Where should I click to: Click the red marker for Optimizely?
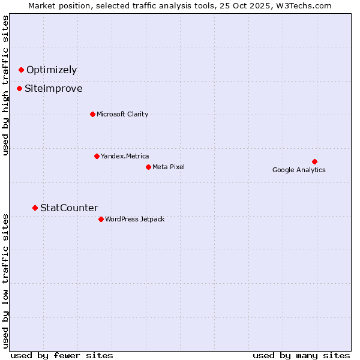pyautogui.click(x=21, y=70)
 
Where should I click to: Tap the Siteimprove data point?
pyautogui.click(x=19, y=89)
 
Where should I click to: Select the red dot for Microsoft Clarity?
pyautogui.click(x=92, y=114)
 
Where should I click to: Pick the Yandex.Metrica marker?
pyautogui.click(x=97, y=156)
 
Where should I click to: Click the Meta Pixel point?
pyautogui.click(x=148, y=167)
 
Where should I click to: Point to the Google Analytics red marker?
pyautogui.click(x=314, y=161)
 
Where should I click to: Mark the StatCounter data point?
pyautogui.click(x=35, y=208)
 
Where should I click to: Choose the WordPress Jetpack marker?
pyautogui.click(x=101, y=219)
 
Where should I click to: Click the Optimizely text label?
pyautogui.click(x=52, y=70)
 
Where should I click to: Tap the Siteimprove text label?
pyautogui.click(x=53, y=89)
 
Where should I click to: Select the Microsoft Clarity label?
pyautogui.click(x=122, y=114)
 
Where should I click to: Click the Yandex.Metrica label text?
pyautogui.click(x=125, y=156)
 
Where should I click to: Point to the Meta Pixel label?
pyautogui.click(x=169, y=167)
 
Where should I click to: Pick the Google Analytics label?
pyautogui.click(x=299, y=170)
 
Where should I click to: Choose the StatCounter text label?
pyautogui.click(x=69, y=208)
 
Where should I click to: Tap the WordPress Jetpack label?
pyautogui.click(x=134, y=219)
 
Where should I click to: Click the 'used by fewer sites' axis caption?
pyautogui.click(x=62, y=355)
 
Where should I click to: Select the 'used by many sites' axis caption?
pyautogui.click(x=301, y=355)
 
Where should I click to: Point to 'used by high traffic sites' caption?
pyautogui.click(x=6, y=85)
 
